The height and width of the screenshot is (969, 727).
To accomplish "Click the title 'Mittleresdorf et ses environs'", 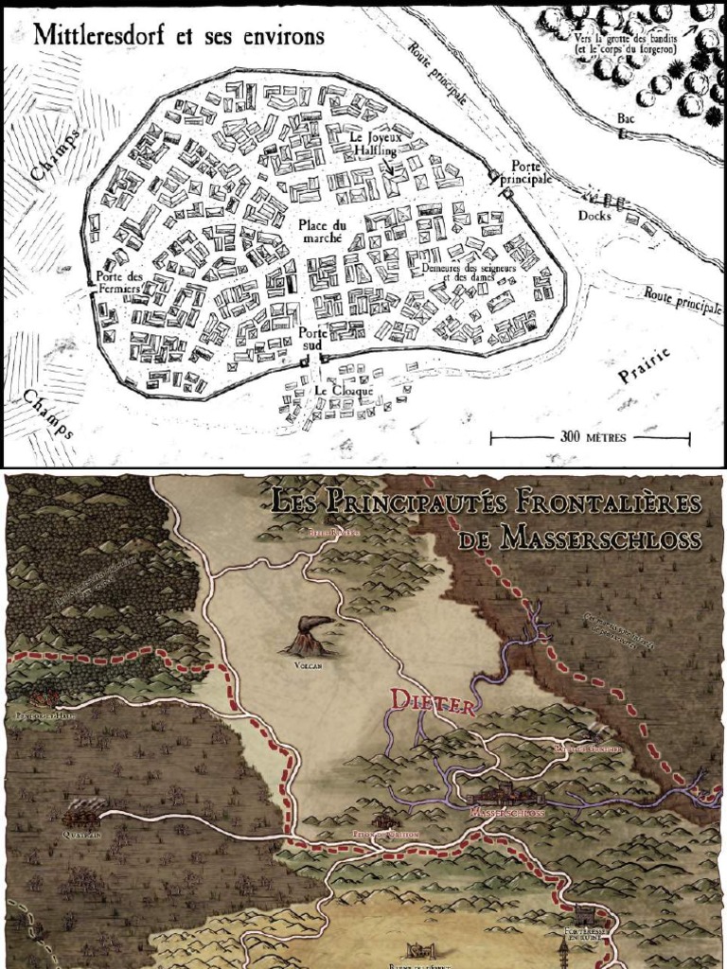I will (x=179, y=37).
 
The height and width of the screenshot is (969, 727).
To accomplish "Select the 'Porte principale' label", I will (x=530, y=172).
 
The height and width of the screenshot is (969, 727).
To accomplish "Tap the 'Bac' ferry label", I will (x=625, y=118).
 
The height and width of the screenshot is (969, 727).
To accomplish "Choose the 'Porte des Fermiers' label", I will (x=120, y=282).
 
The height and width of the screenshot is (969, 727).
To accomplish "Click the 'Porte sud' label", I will (x=312, y=339).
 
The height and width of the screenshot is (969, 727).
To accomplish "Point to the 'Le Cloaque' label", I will (x=345, y=390).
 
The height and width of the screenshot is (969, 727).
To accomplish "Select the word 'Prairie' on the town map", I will (x=645, y=365).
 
